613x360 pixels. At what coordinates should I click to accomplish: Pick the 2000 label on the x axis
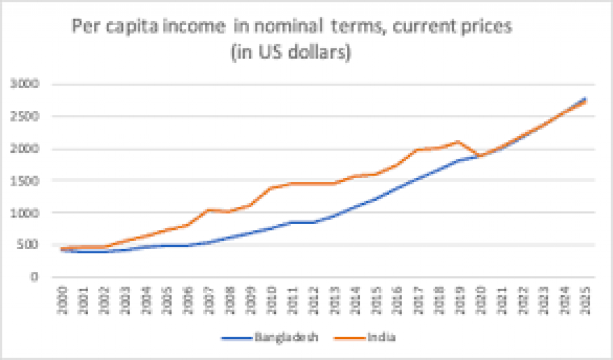click(x=62, y=298)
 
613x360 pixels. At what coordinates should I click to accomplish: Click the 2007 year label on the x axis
click(x=209, y=298)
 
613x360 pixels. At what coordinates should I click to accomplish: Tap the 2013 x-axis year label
click(x=333, y=298)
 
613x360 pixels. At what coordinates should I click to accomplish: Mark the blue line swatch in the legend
click(x=239, y=338)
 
